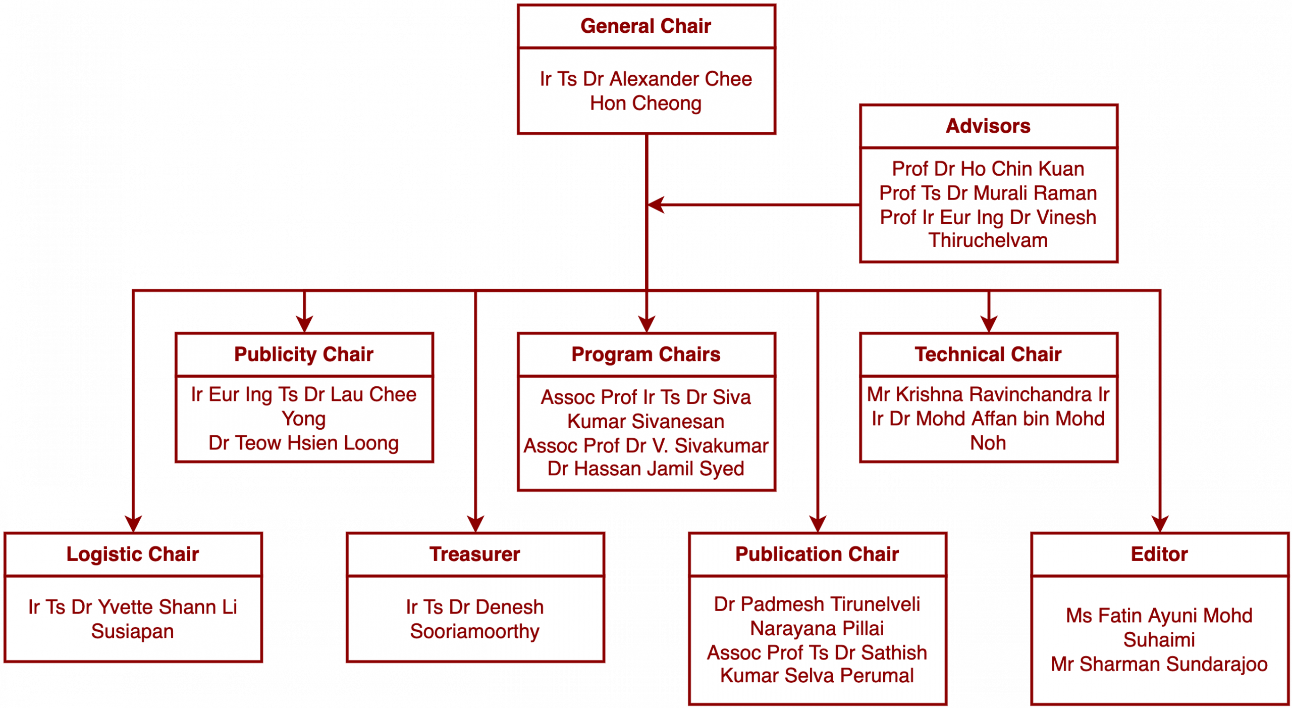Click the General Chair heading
(x=645, y=26)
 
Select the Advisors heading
(x=988, y=126)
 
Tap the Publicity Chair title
(x=304, y=355)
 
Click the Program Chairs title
(x=645, y=355)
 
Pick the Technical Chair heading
(x=988, y=355)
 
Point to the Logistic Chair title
(x=133, y=554)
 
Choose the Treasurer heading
(x=474, y=554)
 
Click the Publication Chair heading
(x=817, y=554)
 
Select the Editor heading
(x=1159, y=554)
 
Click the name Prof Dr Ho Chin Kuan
(x=988, y=169)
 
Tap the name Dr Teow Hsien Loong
(x=303, y=443)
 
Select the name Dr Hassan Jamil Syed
(x=645, y=469)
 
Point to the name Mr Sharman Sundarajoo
(x=1159, y=664)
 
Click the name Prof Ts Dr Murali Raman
(x=988, y=193)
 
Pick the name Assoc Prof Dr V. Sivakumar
(x=645, y=445)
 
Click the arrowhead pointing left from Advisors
(x=655, y=205)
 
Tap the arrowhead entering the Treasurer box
(x=475, y=524)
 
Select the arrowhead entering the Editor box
(x=1160, y=524)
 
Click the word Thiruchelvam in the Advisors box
(x=988, y=240)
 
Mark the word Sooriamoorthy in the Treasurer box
(x=474, y=631)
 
